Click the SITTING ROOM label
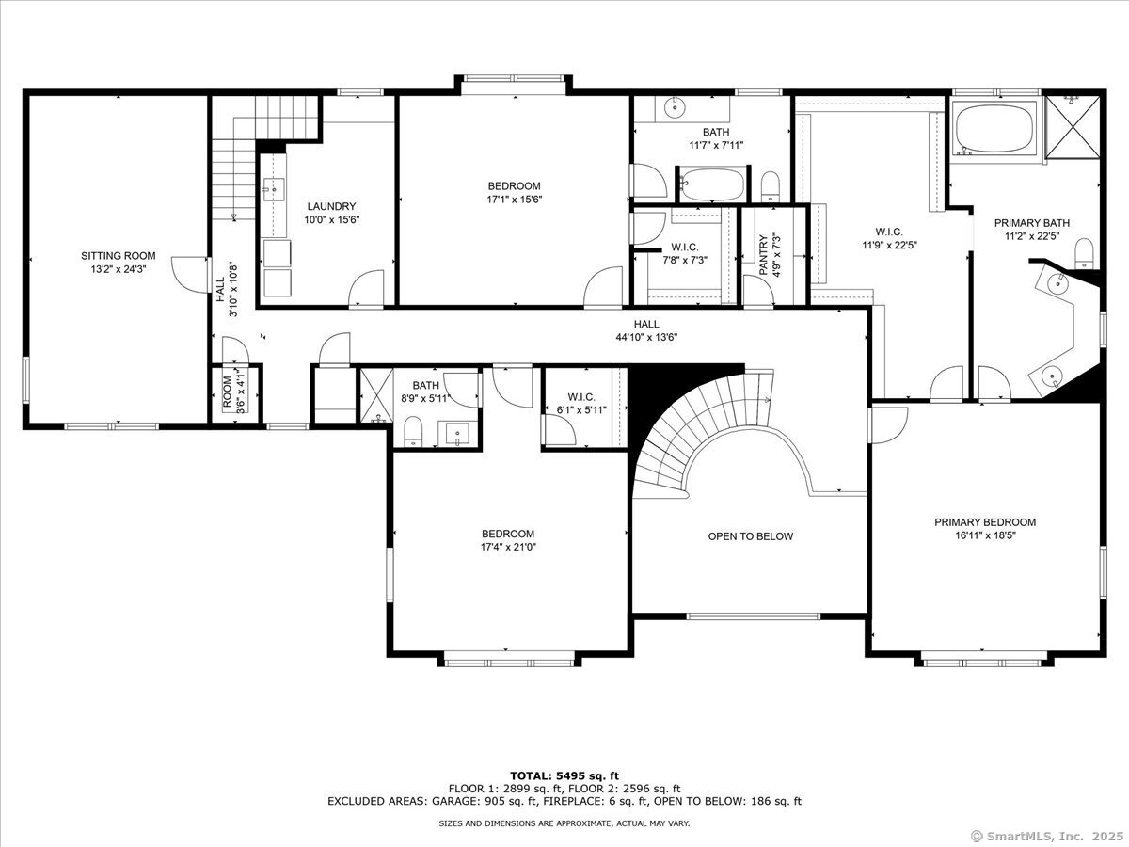[119, 256]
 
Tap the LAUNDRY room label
[331, 206]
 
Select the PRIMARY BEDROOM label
[985, 522]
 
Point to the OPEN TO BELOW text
[751, 536]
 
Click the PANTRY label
[763, 255]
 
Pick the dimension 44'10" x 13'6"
[646, 337]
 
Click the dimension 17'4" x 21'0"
[508, 547]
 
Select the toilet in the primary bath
[1084, 252]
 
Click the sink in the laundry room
[274, 189]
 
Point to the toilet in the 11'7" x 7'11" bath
[770, 186]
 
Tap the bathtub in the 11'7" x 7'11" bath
[712, 184]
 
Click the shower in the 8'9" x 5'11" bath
[376, 395]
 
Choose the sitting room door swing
[190, 275]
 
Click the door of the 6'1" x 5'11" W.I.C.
[560, 429]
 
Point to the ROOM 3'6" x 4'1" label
[234, 393]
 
